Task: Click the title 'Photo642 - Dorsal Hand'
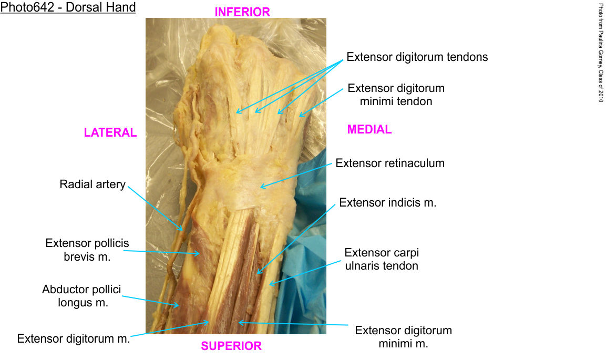[68, 8]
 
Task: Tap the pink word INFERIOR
[242, 12]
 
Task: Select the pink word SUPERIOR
[231, 346]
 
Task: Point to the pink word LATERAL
[110, 133]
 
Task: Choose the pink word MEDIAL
[369, 129]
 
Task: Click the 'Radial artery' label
[93, 184]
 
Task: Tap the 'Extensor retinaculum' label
[390, 163]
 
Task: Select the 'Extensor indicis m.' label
[388, 202]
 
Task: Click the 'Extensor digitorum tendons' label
[417, 57]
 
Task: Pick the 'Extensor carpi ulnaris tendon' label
[382, 259]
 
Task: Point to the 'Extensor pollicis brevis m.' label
[87, 250]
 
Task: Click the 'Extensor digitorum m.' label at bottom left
[74, 338]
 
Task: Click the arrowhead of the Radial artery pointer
[182, 230]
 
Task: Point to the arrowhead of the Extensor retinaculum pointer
[261, 187]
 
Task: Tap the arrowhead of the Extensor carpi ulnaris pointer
[270, 284]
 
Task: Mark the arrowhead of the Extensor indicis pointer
[258, 273]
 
